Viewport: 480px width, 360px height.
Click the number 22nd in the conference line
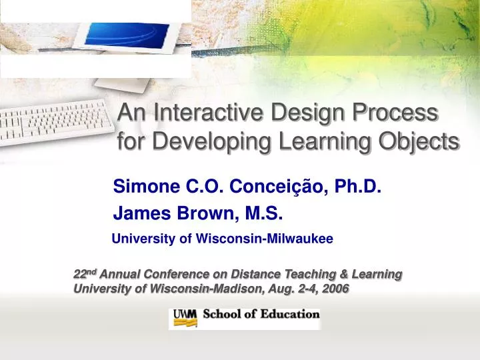[x=85, y=274]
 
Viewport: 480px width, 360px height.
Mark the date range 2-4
[x=305, y=289]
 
